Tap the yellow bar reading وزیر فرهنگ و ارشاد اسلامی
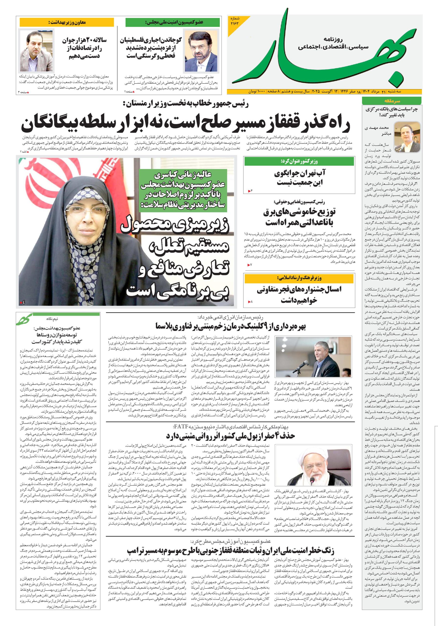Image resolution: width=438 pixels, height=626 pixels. (x=299, y=278)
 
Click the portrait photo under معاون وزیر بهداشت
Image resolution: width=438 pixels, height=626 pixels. (x=36, y=50)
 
